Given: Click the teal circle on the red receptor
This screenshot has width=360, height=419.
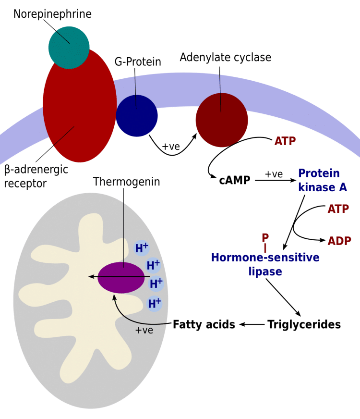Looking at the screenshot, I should (69, 48).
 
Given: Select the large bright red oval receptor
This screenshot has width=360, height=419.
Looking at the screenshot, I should (79, 115).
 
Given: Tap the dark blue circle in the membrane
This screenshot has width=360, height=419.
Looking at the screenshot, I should (137, 116).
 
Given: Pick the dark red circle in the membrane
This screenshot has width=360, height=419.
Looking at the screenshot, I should (222, 120).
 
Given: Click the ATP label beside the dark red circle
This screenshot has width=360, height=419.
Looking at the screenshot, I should (285, 141).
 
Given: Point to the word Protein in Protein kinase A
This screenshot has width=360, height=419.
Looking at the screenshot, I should (319, 173).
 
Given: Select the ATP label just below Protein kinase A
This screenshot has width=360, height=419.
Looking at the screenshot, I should (338, 209).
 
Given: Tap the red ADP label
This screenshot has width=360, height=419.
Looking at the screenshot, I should (339, 241).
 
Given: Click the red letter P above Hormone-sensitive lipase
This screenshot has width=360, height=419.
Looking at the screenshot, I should (264, 238).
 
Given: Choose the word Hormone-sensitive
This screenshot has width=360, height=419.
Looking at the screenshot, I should (265, 258).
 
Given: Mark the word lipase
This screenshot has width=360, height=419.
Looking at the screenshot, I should (265, 271).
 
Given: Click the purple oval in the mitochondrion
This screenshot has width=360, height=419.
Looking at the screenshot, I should (121, 277).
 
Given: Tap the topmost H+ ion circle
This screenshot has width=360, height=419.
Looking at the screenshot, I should (142, 248).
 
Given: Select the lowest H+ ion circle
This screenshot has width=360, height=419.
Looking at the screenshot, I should (155, 304).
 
